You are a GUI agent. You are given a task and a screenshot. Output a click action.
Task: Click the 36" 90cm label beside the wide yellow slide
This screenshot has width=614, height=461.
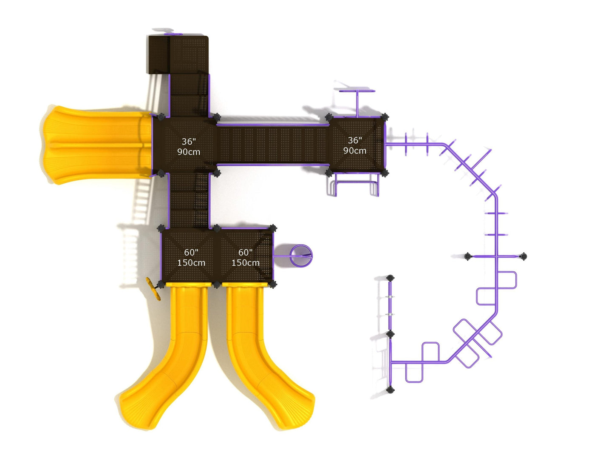(189, 146)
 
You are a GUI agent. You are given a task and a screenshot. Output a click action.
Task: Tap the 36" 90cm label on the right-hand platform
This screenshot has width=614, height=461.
(355, 145)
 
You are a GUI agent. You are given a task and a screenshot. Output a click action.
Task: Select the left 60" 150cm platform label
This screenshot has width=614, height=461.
(191, 258)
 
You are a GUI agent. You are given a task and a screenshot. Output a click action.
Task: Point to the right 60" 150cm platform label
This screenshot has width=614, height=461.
(245, 258)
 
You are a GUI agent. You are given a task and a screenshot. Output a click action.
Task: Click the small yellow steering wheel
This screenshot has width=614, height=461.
(153, 289)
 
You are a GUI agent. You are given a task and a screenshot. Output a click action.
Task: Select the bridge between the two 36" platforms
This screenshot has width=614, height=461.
(273, 145)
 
